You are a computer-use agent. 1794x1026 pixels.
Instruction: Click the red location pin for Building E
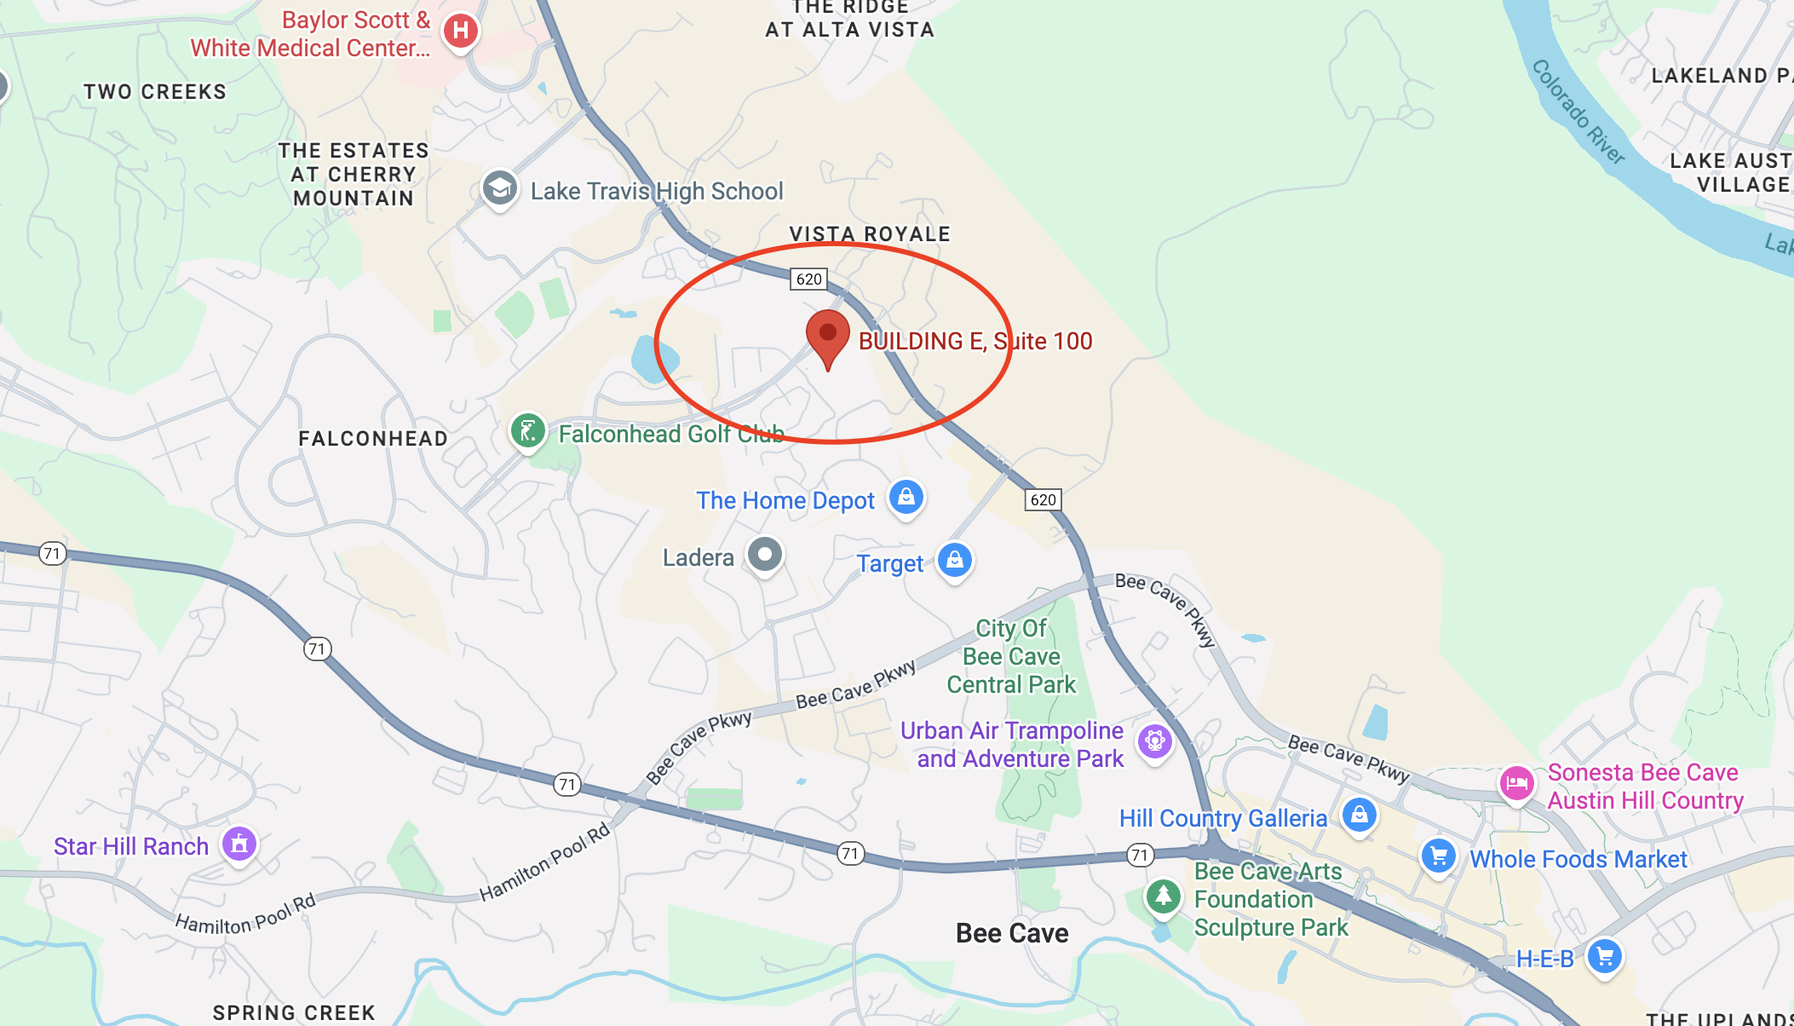(827, 335)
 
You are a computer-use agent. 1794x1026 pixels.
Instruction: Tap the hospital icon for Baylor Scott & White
(461, 32)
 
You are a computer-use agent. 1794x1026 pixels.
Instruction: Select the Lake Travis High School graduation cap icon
(500, 188)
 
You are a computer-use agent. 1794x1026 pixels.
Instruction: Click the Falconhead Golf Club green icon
(528, 431)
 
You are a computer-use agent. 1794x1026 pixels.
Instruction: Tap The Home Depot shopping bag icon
(906, 496)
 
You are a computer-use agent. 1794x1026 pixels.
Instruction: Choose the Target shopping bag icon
(955, 561)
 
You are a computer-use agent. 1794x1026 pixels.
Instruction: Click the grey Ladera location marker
(765, 555)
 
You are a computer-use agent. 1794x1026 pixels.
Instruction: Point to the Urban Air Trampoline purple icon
(1155, 741)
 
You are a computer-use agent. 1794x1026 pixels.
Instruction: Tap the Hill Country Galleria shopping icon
(1360, 815)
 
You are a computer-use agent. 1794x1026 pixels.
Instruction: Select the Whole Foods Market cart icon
(1439, 856)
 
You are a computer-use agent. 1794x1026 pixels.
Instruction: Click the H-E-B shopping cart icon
(1605, 956)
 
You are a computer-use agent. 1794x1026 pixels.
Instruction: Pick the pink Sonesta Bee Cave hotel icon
(1517, 783)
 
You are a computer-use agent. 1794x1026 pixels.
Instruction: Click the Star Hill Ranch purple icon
(239, 844)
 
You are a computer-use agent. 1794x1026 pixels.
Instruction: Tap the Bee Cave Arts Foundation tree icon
(1163, 896)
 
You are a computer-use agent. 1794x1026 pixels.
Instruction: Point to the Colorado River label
(1578, 112)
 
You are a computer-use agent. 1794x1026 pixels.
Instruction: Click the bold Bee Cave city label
(1012, 933)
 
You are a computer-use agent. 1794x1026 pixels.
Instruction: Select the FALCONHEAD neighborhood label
(373, 439)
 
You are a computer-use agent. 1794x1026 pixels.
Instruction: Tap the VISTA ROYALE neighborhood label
(870, 234)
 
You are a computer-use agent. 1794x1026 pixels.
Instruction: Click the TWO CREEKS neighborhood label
(155, 92)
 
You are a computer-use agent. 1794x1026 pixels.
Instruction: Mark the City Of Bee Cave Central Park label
(1011, 656)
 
